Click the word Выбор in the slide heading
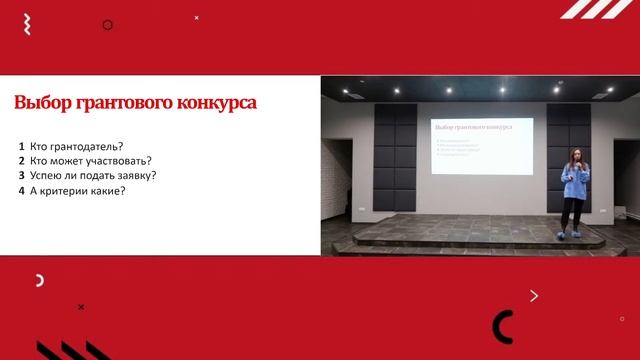point(41,102)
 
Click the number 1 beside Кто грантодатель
point(21,146)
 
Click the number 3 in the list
point(21,175)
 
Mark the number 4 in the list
point(21,190)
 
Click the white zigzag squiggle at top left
point(26,20)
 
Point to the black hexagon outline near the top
point(108,25)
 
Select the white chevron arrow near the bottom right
point(534,295)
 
